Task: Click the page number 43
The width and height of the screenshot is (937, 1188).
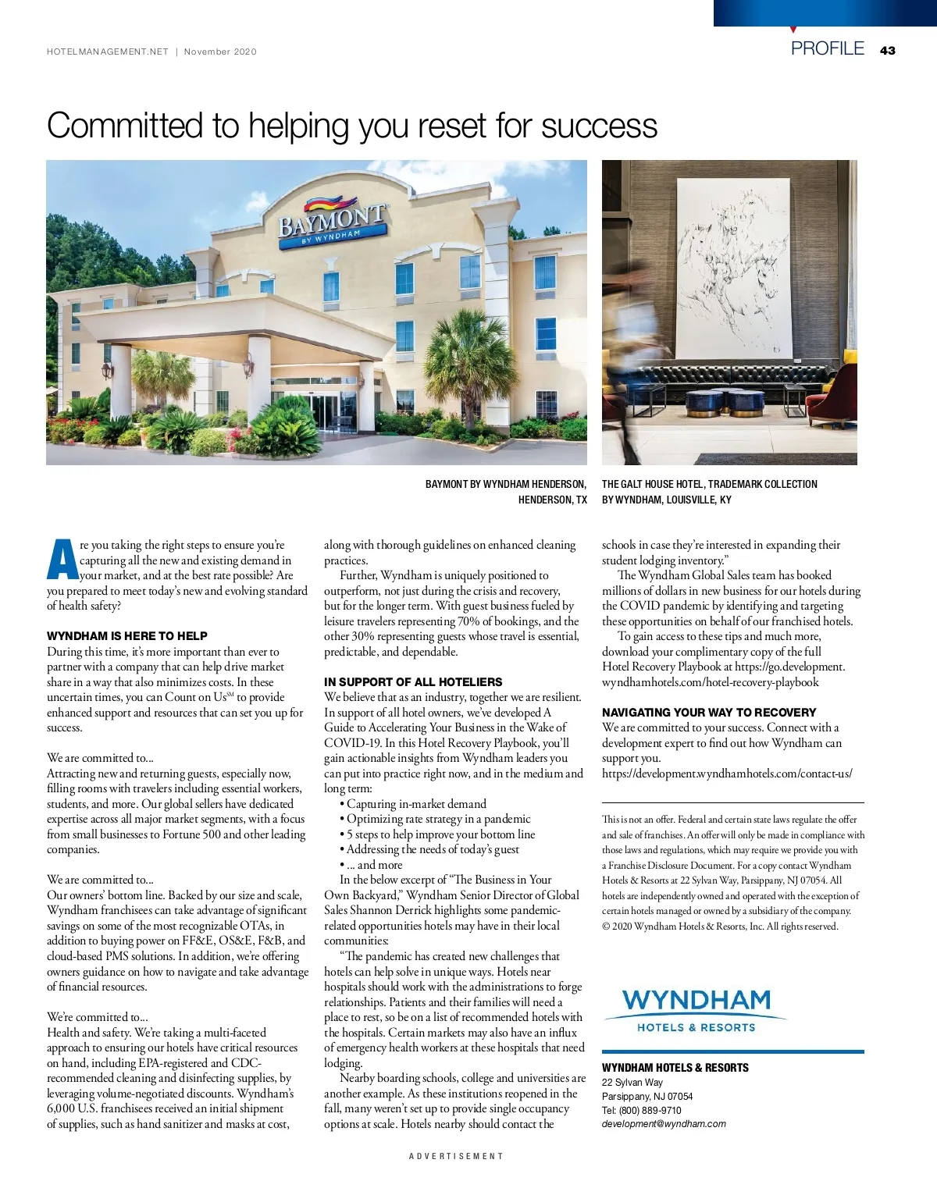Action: pyautogui.click(x=887, y=51)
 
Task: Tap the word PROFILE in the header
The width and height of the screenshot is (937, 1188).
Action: pyautogui.click(x=827, y=48)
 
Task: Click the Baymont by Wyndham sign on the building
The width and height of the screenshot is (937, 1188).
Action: pyautogui.click(x=333, y=225)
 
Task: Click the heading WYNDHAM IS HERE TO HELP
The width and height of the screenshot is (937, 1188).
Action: pyautogui.click(x=127, y=636)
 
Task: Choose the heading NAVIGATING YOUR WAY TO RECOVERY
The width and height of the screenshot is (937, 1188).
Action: pyautogui.click(x=708, y=712)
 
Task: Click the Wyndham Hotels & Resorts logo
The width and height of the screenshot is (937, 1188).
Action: pyautogui.click(x=696, y=1011)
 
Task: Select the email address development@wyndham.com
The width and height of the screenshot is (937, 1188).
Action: pyautogui.click(x=664, y=1124)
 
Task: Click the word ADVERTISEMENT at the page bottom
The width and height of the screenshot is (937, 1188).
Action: pyautogui.click(x=457, y=1156)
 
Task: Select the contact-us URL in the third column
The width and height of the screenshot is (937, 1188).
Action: pyautogui.click(x=726, y=774)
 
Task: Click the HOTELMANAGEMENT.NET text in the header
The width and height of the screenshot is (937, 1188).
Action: pyautogui.click(x=108, y=52)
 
